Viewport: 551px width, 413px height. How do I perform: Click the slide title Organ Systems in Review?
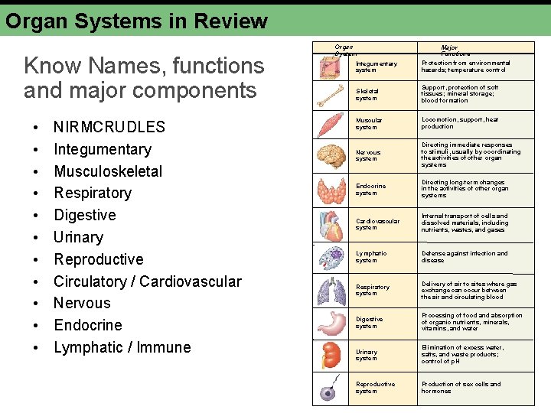click(x=137, y=21)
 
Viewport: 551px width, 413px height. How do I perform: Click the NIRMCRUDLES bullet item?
click(x=109, y=127)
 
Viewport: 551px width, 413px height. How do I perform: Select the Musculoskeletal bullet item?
click(x=108, y=171)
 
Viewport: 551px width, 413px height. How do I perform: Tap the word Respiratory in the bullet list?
click(x=93, y=193)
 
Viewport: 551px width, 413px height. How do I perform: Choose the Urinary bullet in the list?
click(x=78, y=238)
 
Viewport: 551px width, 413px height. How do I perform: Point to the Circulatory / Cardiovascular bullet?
click(x=147, y=281)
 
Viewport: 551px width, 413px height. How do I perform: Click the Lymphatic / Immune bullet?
click(x=122, y=348)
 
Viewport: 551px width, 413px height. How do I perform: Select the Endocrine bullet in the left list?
click(x=87, y=326)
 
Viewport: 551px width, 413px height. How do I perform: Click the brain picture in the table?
click(x=332, y=156)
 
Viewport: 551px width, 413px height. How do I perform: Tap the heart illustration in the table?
click(x=332, y=223)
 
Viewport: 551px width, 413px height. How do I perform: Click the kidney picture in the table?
click(x=331, y=355)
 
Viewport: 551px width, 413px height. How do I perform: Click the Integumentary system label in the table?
click(x=376, y=67)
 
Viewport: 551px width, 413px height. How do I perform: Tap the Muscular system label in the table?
click(x=369, y=123)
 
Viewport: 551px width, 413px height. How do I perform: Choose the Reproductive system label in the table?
click(x=375, y=388)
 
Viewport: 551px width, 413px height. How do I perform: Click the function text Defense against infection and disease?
click(x=464, y=256)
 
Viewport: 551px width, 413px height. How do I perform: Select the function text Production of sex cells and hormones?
click(x=461, y=388)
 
